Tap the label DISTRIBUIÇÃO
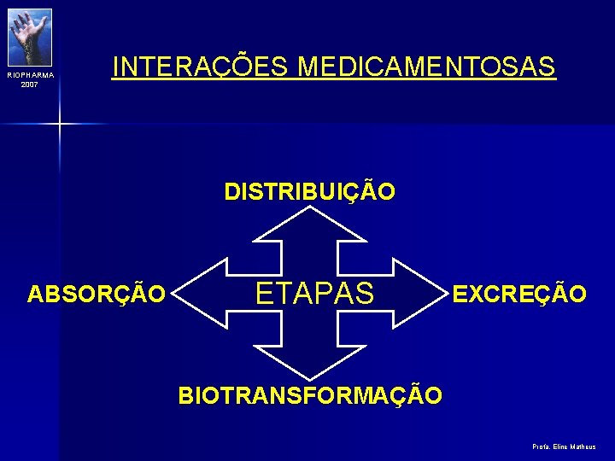click(x=310, y=192)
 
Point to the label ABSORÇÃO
click(x=97, y=295)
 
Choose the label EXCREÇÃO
click(x=519, y=295)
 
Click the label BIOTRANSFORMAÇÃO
click(x=310, y=396)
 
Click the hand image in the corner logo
click(x=31, y=36)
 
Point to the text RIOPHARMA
click(x=30, y=76)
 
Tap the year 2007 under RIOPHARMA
click(x=30, y=85)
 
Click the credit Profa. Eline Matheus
click(x=564, y=446)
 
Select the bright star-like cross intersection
click(x=60, y=125)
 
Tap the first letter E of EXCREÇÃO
click(x=459, y=295)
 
